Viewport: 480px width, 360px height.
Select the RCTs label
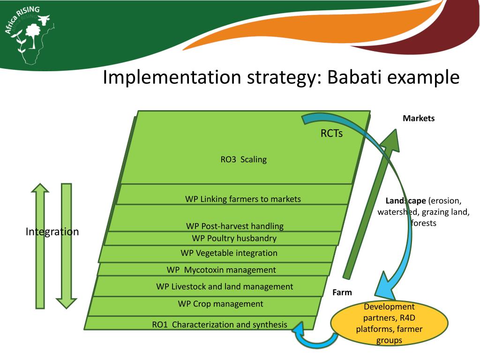(331, 134)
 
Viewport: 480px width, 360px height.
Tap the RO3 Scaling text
(243, 159)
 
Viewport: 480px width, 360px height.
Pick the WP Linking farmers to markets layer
(243, 199)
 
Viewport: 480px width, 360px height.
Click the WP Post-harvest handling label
(234, 226)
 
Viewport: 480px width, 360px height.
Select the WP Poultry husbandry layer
(234, 238)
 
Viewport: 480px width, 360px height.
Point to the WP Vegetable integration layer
(229, 253)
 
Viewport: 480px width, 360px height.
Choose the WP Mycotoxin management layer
(221, 270)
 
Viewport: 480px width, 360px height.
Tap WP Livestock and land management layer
(225, 286)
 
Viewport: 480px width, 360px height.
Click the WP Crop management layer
(220, 304)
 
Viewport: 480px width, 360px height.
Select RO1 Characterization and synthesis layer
(219, 324)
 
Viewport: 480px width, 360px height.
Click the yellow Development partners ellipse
(382, 323)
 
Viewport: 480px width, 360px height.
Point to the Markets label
(419, 118)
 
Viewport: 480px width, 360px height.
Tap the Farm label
(342, 292)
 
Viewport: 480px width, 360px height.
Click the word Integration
(52, 232)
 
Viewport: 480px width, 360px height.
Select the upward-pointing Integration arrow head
(40, 188)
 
